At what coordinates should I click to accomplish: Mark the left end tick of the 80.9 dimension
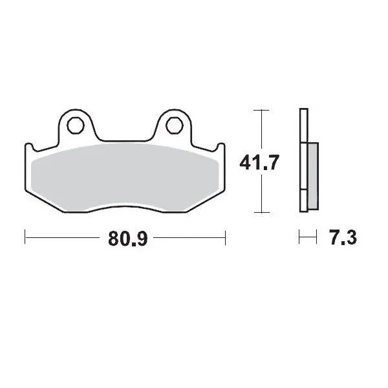[x=25, y=237]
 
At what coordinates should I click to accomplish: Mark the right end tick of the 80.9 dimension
[x=225, y=237]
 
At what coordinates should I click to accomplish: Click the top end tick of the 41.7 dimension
[x=260, y=111]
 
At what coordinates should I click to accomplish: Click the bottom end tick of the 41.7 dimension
[x=260, y=213]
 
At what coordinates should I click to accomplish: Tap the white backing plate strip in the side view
[x=303, y=162]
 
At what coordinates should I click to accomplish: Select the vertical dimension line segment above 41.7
[x=260, y=129]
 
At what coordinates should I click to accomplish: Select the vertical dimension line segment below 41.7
[x=260, y=194]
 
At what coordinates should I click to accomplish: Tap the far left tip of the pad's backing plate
[x=25, y=145]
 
